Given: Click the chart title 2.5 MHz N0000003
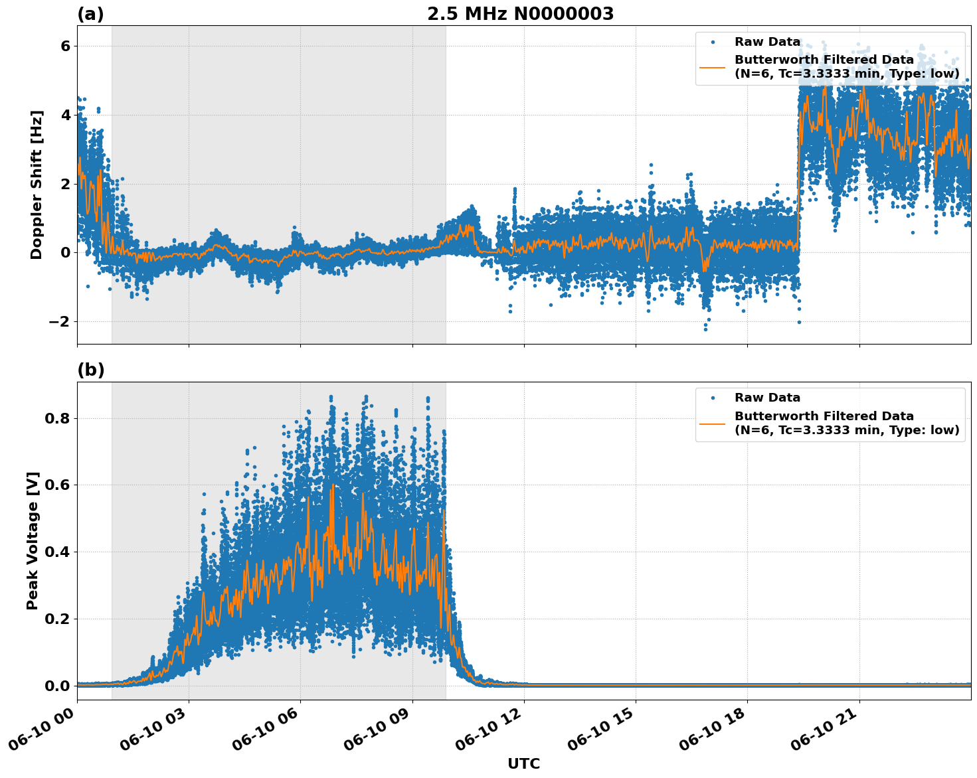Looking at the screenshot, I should tap(520, 14).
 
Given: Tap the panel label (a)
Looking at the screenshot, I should tap(90, 14).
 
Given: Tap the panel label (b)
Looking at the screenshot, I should tap(91, 370).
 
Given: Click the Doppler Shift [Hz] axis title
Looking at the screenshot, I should tap(37, 185).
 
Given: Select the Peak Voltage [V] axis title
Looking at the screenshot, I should tap(33, 540).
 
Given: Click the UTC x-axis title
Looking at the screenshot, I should tap(523, 764).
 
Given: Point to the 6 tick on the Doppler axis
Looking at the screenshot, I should tap(65, 46).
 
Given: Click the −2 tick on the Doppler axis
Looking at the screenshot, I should tap(60, 321).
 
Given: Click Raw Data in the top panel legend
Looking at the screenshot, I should tap(767, 42).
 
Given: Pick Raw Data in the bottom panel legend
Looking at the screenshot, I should tap(767, 398).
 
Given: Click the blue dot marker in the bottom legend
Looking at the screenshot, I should tap(713, 398).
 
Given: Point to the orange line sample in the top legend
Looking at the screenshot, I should tap(713, 66).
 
